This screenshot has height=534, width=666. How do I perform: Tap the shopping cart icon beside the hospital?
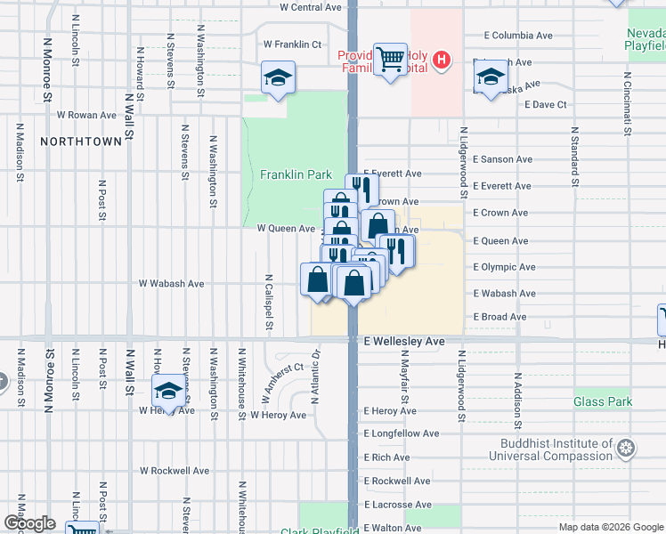pos(389,60)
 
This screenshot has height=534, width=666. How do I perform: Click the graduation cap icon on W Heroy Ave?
pos(168,390)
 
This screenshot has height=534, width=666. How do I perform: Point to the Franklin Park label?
pos(296,175)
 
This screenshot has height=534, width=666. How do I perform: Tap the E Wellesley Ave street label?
pos(404,341)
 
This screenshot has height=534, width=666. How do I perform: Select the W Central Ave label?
pos(311,7)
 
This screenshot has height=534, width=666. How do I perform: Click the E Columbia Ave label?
pos(517,36)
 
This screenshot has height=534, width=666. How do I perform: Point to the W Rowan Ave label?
pos(86,115)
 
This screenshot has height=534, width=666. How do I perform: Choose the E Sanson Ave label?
pos(504,159)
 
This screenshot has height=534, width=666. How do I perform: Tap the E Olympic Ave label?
pos(504,267)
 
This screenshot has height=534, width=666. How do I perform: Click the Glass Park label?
pos(603,402)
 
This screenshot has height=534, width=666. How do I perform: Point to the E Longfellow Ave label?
pos(402,434)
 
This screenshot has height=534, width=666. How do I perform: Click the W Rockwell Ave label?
pos(175,471)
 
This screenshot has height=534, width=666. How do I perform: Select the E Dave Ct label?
pos(546,105)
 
